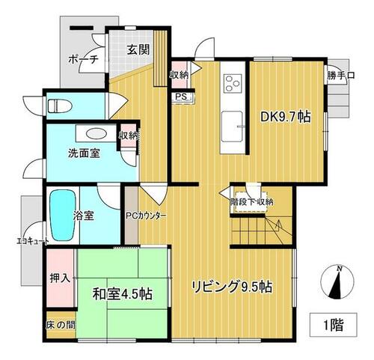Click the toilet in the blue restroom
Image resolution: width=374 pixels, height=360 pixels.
[x=60, y=106]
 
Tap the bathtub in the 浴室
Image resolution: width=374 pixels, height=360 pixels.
[x=63, y=216]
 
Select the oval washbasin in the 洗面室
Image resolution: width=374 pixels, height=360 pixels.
[x=96, y=133]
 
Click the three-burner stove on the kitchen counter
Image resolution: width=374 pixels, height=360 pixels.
[x=233, y=83]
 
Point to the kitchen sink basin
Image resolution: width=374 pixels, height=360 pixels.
[x=232, y=126]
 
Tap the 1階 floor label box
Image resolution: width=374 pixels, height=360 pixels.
[x=334, y=325]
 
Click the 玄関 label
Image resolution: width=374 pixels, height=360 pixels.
[x=138, y=49]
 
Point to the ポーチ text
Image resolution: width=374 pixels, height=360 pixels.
[x=84, y=60]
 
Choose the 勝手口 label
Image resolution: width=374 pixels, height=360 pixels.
[x=341, y=75]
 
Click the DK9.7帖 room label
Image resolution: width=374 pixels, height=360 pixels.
[x=286, y=117]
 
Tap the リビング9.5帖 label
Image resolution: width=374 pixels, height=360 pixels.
[x=232, y=287]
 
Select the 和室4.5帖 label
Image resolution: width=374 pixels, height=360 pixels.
[x=123, y=293]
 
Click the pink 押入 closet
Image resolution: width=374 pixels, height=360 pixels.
[x=61, y=278]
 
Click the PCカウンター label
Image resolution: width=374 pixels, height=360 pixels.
[x=146, y=216]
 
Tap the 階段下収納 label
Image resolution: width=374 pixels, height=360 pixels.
[x=251, y=201]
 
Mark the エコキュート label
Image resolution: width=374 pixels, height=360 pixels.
[x=32, y=241]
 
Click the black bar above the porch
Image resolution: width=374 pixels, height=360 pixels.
[x=82, y=28]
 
